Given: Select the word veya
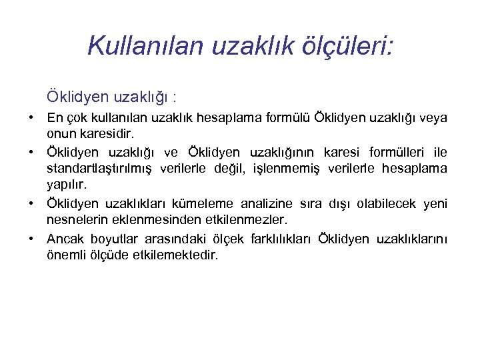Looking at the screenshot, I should [x=433, y=117].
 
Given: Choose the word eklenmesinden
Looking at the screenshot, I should [x=145, y=219].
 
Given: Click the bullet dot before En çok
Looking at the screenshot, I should [x=31, y=117].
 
